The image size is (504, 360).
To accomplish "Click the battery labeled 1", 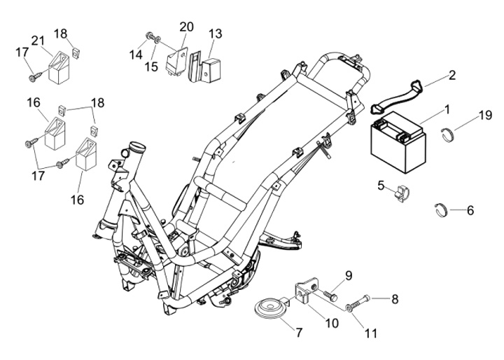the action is [x=398, y=141].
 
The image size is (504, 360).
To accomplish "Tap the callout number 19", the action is [x=485, y=115].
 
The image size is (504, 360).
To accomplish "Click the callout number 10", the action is [x=331, y=323].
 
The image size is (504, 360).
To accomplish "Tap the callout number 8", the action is [x=395, y=299].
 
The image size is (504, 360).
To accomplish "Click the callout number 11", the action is [x=370, y=333].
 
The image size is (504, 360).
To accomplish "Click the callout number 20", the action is [x=186, y=27].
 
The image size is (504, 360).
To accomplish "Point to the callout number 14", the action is [x=136, y=55].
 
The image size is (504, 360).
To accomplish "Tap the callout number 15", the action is [x=151, y=67].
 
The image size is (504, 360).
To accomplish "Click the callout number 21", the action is [x=38, y=41].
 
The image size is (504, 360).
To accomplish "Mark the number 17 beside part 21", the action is [x=22, y=53].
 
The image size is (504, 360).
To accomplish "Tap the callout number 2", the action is [x=452, y=75].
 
